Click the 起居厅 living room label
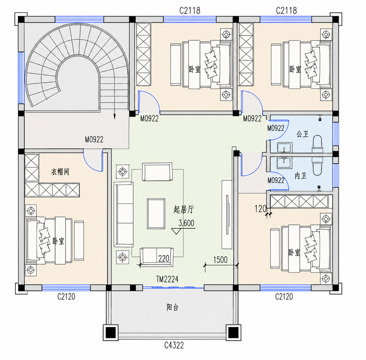(184, 210)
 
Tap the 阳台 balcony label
(173, 307)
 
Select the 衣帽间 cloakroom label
(60, 172)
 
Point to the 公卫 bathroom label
(302, 134)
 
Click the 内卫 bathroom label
(301, 176)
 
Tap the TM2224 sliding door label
(167, 279)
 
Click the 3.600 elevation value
(186, 223)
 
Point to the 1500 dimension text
(220, 260)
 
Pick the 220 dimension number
(164, 258)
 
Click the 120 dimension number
(260, 209)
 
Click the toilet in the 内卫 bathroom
(317, 166)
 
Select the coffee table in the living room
(156, 214)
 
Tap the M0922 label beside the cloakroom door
(94, 139)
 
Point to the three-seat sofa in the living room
(123, 214)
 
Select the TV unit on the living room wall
(227, 214)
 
